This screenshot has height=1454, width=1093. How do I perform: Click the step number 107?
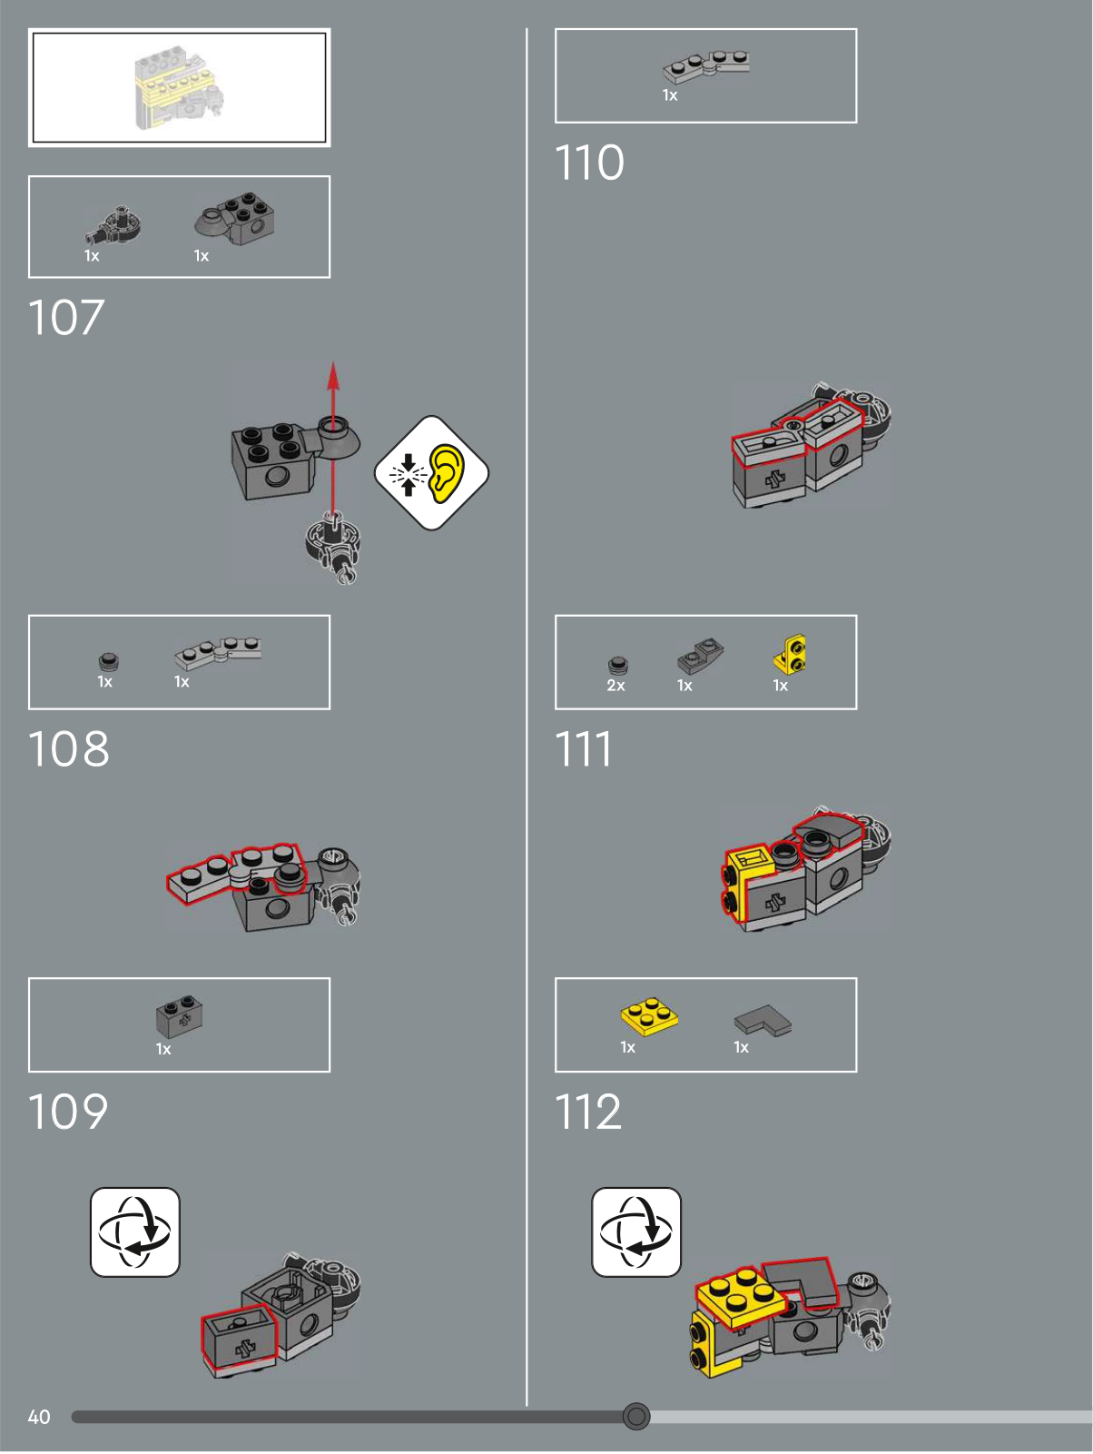pos(66,318)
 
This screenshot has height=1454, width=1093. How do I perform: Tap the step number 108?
pos(68,749)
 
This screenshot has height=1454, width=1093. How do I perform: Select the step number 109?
pos(68,1112)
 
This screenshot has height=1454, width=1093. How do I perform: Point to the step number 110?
pos(589,163)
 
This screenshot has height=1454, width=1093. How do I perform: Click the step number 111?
pos(584,749)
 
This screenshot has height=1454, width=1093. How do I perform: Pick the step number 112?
pos(588,1112)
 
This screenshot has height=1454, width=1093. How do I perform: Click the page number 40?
pos(39,1417)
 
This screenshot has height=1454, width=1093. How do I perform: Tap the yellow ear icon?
pos(446,472)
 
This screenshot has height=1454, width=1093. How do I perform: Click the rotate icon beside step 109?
pos(135,1231)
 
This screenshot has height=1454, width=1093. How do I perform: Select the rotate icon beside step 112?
pos(636,1231)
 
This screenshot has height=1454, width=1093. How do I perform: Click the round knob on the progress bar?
pos(636,1416)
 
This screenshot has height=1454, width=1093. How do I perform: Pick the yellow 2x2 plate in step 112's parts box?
pos(649,1016)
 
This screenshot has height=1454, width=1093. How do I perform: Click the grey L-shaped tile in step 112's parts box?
pos(763,1020)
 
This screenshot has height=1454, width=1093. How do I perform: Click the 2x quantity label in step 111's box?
pos(615,686)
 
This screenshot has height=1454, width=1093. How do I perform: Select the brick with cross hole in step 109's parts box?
pos(180,1017)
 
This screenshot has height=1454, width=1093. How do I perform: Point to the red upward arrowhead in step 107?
pos(333,374)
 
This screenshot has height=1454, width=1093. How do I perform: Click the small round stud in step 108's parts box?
pos(109,660)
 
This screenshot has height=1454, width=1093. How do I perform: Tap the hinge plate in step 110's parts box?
pos(706,66)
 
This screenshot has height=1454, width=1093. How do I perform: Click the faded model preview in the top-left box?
pos(179,88)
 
